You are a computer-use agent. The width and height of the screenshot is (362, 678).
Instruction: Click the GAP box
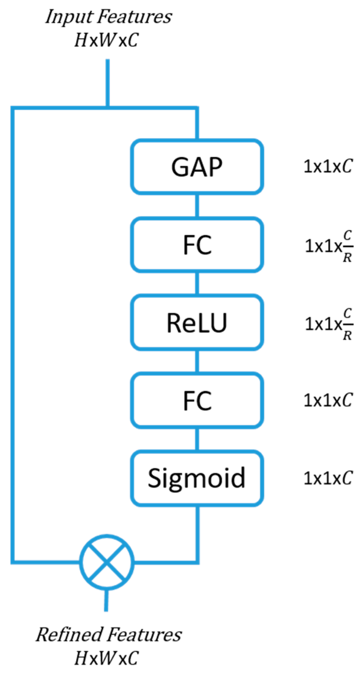click(x=197, y=167)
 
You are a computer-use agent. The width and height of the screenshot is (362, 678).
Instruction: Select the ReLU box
click(x=197, y=323)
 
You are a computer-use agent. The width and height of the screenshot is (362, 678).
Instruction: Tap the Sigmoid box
click(x=197, y=478)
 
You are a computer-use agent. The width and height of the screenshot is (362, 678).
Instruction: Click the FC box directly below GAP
click(x=197, y=245)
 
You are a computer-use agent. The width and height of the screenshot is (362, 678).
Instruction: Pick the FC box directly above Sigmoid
click(x=197, y=401)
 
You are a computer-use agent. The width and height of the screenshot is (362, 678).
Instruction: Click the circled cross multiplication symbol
click(x=106, y=561)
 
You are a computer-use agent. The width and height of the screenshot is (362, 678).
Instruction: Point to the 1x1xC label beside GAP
click(x=328, y=167)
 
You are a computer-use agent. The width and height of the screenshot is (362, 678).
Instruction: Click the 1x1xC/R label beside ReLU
click(x=329, y=324)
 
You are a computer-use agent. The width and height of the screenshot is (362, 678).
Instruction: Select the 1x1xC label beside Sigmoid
click(x=328, y=478)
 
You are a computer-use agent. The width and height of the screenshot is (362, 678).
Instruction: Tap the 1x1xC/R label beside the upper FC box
click(x=329, y=246)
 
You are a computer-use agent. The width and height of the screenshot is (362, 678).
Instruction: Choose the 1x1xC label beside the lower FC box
click(x=328, y=400)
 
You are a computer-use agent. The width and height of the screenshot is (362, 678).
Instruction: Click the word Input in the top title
click(x=69, y=17)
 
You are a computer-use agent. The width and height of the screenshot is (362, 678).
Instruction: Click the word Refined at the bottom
click(x=69, y=635)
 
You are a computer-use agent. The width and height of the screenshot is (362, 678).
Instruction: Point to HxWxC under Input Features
click(x=106, y=40)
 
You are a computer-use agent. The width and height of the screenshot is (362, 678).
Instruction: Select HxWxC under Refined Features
click(x=106, y=658)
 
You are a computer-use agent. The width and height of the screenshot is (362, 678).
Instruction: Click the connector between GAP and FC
click(x=197, y=206)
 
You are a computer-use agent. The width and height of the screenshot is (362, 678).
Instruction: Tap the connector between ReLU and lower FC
click(x=197, y=361)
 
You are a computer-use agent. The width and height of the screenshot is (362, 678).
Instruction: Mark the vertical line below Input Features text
click(x=107, y=82)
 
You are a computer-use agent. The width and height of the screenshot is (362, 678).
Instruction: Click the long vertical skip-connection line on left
click(x=13, y=336)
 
